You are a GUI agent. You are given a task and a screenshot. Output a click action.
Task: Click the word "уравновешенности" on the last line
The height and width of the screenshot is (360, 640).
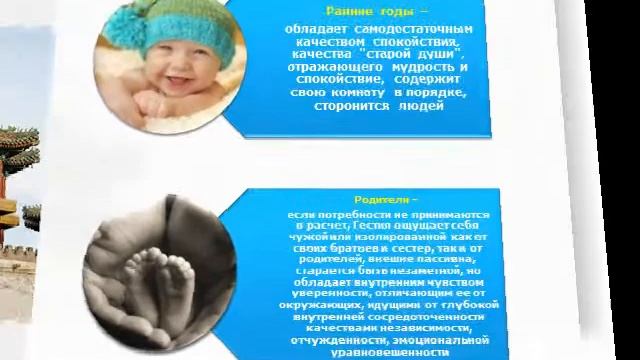(381, 352)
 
